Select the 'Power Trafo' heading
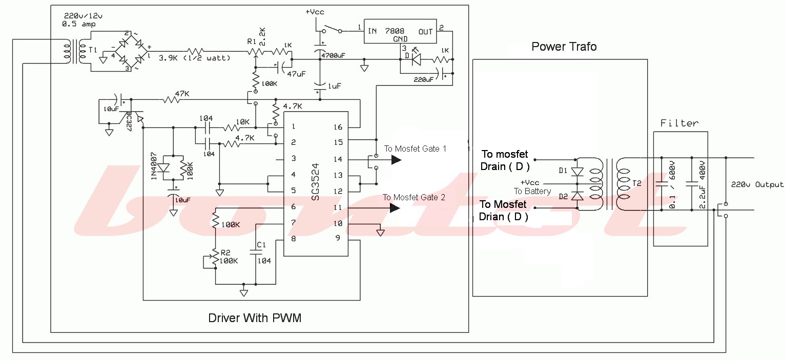click(564, 47)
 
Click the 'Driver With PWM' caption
click(255, 318)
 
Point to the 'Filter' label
click(679, 123)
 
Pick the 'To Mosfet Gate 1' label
click(416, 149)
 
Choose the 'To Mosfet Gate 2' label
click(414, 198)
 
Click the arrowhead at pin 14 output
click(396, 160)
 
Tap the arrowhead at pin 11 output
click(395, 208)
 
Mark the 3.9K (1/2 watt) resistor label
click(194, 58)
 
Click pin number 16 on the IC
click(337, 126)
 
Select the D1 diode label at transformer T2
click(564, 171)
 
